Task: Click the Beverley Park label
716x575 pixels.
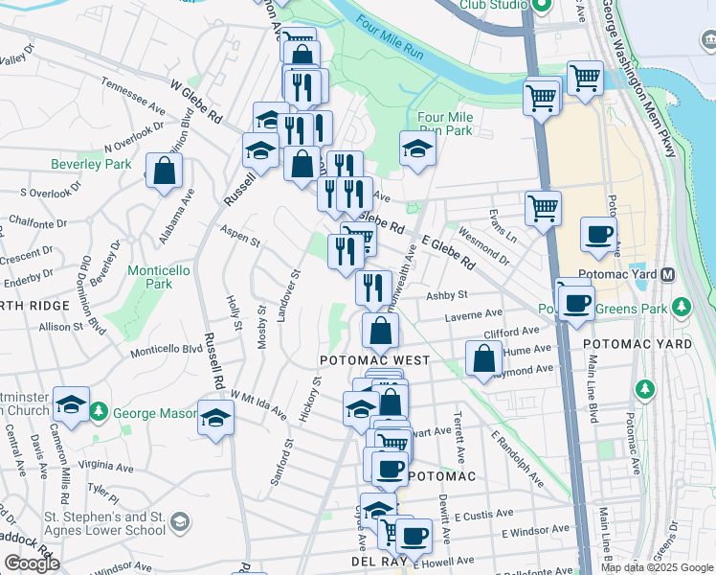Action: pos(91,164)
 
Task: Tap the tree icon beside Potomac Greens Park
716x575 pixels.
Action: pos(681,308)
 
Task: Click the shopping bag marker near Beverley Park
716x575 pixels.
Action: pos(165,172)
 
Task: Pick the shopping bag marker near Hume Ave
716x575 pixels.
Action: pos(484,359)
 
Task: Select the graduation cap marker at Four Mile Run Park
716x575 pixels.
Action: pos(417,149)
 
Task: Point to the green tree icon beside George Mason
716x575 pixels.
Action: pos(99,413)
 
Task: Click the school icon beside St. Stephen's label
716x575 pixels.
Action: pos(178,523)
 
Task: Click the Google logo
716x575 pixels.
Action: pos(32,563)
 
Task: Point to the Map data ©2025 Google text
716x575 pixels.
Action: pos(656,567)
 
